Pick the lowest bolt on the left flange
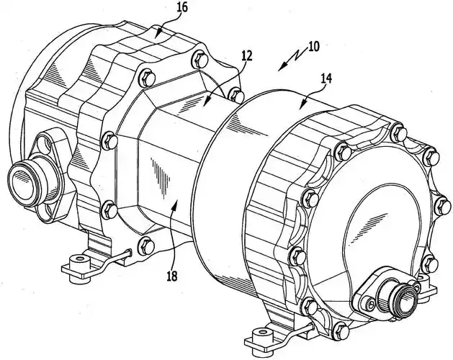(x=146, y=244)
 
